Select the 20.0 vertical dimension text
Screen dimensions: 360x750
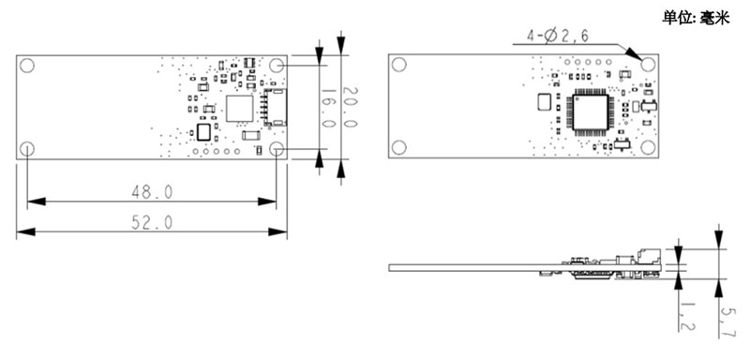tap(349, 109)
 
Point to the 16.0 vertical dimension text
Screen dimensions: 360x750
tap(329, 109)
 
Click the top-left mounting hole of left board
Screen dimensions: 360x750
tap(28, 66)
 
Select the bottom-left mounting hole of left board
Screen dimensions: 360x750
tap(28, 149)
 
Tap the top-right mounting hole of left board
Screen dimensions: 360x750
tap(277, 65)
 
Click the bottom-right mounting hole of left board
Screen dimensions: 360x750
tap(277, 149)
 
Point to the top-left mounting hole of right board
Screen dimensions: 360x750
tap(399, 65)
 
